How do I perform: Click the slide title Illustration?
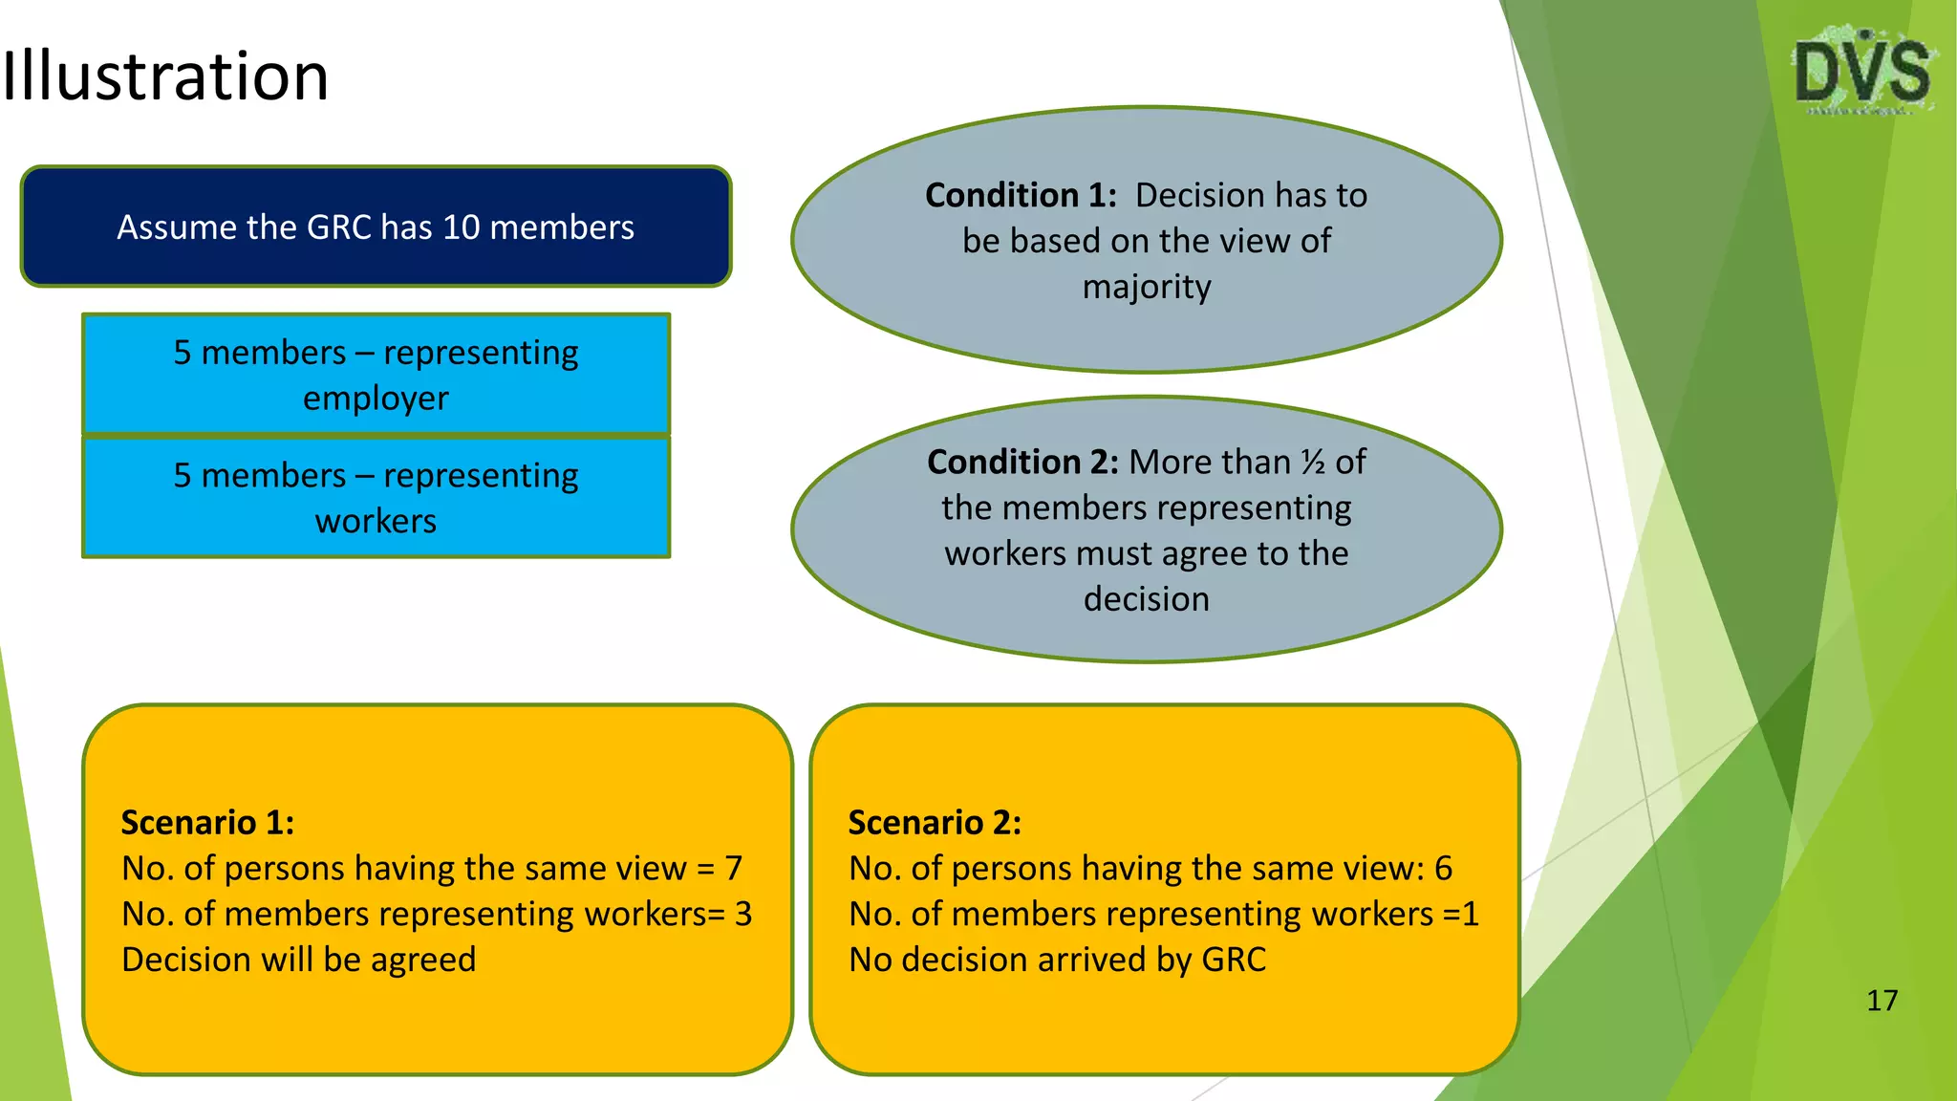164,76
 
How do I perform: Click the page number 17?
1882,1001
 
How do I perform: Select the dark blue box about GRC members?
376,227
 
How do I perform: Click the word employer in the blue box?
376,399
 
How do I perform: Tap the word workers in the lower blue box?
376,522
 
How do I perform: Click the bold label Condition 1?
1021,196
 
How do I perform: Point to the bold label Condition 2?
1022,463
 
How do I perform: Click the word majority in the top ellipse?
1147,287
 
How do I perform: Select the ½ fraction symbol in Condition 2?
1313,463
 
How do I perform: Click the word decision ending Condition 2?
1147,599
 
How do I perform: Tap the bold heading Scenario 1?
207,823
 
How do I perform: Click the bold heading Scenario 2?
935,823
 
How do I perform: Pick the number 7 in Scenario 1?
733,869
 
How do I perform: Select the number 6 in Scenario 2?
1443,869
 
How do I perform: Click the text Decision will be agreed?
298,960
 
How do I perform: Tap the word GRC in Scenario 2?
1234,960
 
